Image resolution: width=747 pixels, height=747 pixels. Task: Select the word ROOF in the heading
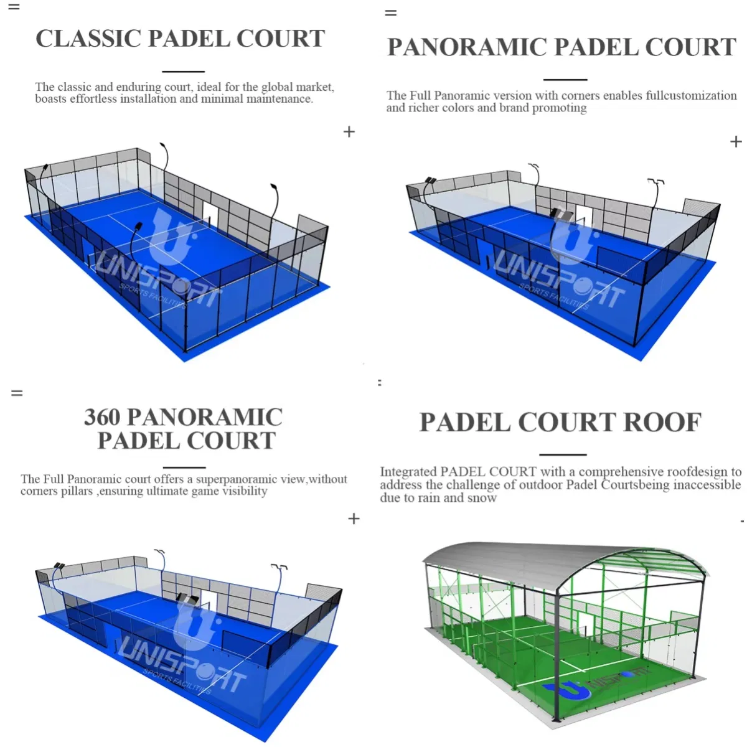point(662,422)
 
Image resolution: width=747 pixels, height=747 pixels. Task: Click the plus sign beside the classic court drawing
point(349,132)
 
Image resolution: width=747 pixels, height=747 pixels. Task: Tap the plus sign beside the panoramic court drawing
point(736,141)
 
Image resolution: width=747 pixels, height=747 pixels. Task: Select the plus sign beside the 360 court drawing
point(354,519)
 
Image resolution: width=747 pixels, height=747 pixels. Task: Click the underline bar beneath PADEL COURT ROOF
point(563,454)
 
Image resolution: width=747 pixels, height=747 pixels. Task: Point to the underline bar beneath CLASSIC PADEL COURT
point(184,72)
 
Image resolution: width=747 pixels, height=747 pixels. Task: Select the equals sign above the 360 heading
point(17,393)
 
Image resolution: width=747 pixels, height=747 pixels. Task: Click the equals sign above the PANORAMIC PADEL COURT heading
point(390,13)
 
